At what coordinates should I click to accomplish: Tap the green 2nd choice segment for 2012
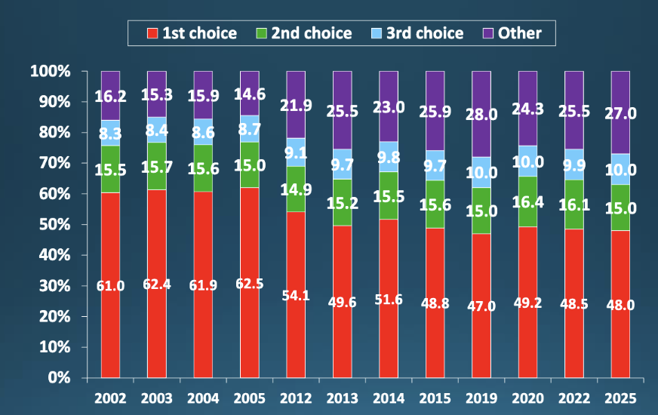(296, 189)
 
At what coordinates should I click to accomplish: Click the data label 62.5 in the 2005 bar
(249, 286)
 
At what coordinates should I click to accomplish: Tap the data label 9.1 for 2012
(296, 152)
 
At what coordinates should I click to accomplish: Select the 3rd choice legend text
(425, 33)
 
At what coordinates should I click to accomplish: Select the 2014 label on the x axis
(389, 397)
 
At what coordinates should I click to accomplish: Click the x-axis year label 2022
(574, 397)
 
